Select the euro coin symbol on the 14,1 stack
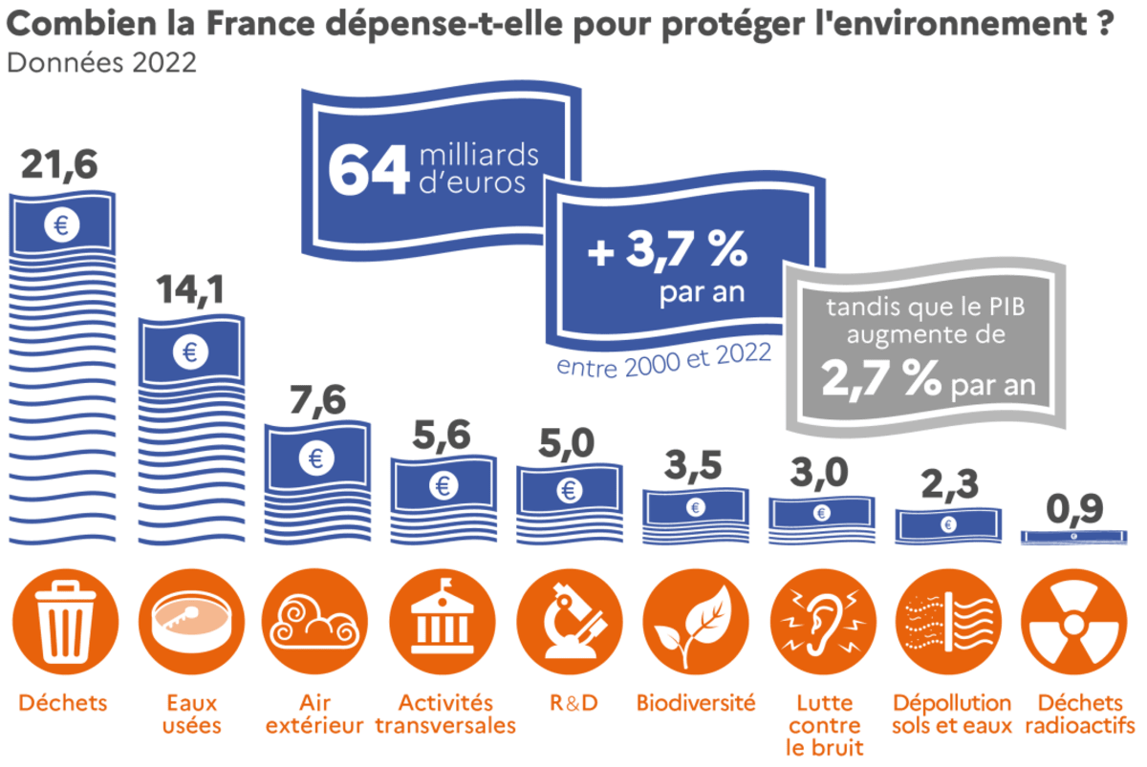(190, 352)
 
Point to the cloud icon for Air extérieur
(314, 621)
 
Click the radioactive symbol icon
(1073, 621)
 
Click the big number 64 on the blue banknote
(368, 170)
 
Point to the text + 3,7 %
(665, 252)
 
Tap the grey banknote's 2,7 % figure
(880, 380)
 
